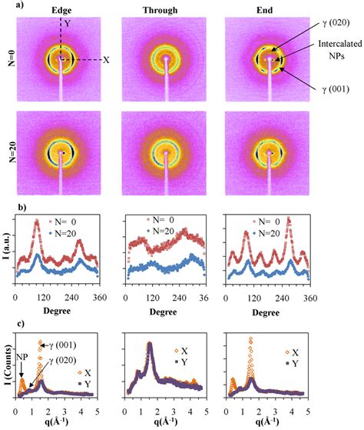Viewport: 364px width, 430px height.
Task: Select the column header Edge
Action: pos(62,9)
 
